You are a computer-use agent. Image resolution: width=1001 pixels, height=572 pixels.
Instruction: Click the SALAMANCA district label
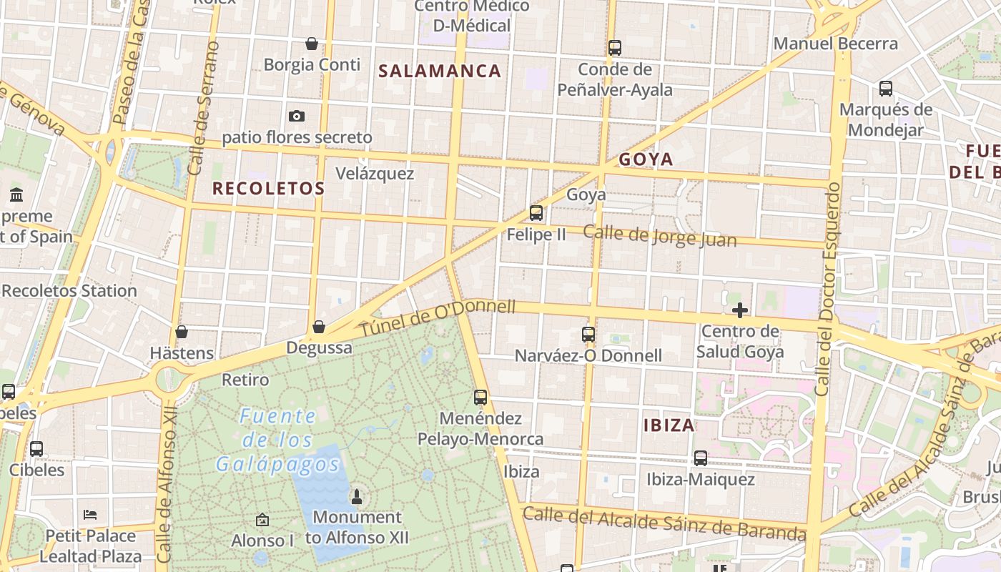(440, 71)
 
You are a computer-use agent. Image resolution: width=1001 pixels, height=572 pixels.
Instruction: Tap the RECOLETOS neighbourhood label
(269, 189)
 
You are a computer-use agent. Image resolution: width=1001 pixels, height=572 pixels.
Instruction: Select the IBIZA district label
(669, 425)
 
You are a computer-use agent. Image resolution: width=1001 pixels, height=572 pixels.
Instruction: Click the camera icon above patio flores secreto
(297, 116)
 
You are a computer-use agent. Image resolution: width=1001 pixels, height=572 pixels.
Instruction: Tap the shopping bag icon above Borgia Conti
(312, 44)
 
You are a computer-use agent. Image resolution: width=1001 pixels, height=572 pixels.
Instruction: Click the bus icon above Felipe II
(536, 213)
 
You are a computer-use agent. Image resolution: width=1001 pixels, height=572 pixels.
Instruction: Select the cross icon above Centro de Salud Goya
(740, 310)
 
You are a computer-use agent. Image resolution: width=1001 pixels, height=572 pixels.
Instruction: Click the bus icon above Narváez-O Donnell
(588, 334)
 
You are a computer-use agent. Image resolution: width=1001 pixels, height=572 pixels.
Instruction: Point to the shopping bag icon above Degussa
(319, 327)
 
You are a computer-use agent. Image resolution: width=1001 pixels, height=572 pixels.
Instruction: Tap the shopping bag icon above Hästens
(182, 332)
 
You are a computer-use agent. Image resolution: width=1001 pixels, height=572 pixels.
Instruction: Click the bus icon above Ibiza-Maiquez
(701, 458)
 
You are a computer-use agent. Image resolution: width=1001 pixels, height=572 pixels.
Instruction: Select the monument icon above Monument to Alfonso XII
(357, 496)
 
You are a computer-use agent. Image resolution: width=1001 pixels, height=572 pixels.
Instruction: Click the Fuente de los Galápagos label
(278, 440)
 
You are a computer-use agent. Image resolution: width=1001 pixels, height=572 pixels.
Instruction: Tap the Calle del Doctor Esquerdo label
(830, 289)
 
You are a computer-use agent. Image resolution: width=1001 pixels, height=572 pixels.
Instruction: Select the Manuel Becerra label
(835, 44)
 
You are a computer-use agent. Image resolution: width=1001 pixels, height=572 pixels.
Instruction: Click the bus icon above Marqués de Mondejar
(886, 89)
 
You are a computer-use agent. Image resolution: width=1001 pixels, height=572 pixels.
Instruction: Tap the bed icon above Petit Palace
(90, 515)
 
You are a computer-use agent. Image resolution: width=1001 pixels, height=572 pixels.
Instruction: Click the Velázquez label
(375, 174)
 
